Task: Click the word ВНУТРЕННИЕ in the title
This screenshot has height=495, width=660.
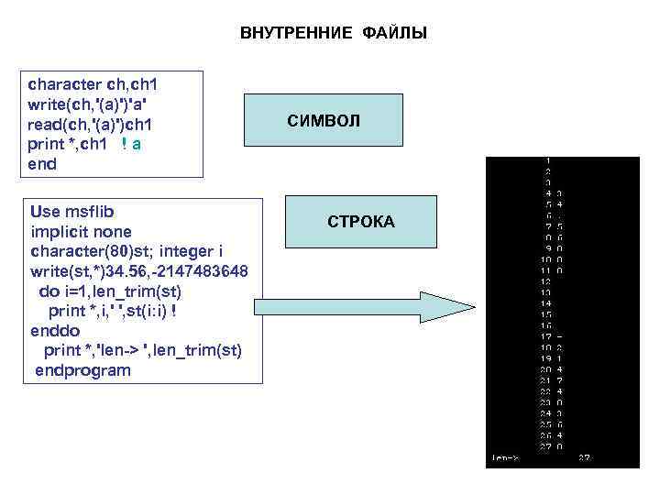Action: (295, 34)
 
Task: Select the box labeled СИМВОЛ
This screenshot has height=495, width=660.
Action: (324, 120)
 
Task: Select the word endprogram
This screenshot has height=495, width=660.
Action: (83, 370)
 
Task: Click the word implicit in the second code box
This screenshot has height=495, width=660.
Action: (57, 231)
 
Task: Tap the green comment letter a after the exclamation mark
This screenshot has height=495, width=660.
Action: (136, 144)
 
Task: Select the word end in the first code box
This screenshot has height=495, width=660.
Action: (43, 164)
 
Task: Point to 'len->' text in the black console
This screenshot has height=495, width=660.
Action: (505, 456)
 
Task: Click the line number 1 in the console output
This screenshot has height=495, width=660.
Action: (547, 161)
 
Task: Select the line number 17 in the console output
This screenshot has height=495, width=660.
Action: (545, 336)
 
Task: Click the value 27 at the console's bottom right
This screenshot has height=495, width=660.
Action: (584, 456)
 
